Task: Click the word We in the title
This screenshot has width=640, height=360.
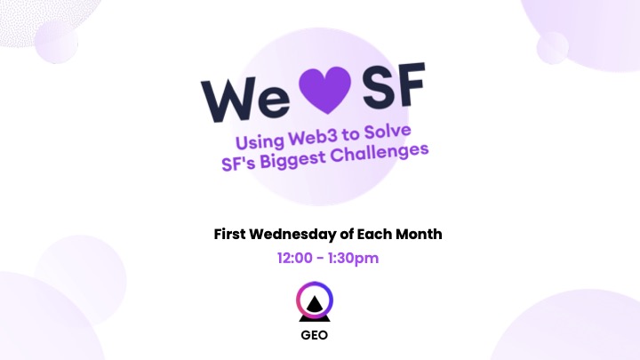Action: [x=245, y=100]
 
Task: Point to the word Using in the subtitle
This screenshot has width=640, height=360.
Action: [x=260, y=142]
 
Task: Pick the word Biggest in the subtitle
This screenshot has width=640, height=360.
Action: [x=293, y=159]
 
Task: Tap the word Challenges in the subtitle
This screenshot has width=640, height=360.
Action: [x=380, y=152]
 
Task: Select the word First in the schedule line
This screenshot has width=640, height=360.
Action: [x=230, y=235]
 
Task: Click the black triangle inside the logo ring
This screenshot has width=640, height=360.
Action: [x=315, y=306]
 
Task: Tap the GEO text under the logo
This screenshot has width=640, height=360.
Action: [x=315, y=335]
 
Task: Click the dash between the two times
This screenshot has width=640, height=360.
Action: [x=320, y=259]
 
